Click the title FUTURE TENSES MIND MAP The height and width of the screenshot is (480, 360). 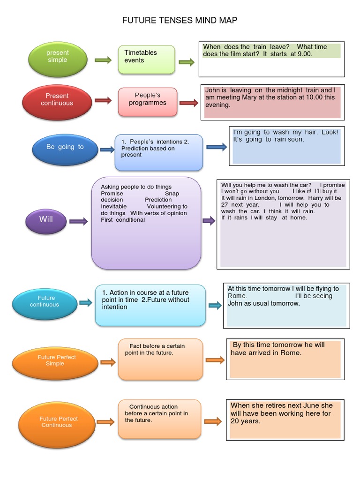(x=180, y=20)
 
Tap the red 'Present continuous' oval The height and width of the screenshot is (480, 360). (x=57, y=99)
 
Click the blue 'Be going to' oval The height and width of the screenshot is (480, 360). (x=65, y=147)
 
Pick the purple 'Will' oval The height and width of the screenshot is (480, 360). (x=46, y=219)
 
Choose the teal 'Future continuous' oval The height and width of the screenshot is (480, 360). (x=45, y=301)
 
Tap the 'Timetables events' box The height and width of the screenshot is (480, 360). (x=146, y=60)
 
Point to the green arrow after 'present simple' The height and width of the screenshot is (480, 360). (x=103, y=60)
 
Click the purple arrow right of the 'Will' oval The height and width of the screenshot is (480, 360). (x=78, y=221)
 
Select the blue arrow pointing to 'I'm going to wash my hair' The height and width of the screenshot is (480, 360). (x=217, y=147)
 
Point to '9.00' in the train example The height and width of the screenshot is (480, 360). (x=305, y=54)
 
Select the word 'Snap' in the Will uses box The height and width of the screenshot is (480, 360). (x=172, y=194)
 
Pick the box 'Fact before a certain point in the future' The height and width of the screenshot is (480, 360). (x=160, y=359)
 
